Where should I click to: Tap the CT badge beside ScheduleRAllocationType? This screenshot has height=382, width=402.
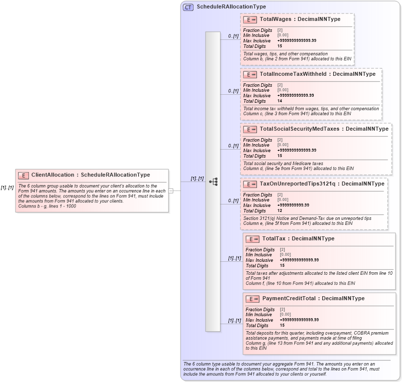[x=188, y=7]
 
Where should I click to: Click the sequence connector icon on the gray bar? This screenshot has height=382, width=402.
[x=213, y=182]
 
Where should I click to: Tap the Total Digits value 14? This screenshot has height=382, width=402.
[x=280, y=101]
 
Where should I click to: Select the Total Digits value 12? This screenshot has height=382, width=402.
[x=280, y=210]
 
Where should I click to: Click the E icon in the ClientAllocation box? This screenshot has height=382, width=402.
[x=23, y=176]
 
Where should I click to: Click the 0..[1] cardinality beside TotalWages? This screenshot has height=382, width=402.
[x=233, y=36]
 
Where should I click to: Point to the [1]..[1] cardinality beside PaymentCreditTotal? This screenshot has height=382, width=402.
[x=234, y=320]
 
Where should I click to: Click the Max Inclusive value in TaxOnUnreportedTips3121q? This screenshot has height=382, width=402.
[x=293, y=205]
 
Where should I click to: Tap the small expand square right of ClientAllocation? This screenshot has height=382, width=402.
[x=171, y=191]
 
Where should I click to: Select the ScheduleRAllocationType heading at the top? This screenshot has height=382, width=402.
[x=231, y=7]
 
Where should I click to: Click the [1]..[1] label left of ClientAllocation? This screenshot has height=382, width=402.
[x=6, y=188]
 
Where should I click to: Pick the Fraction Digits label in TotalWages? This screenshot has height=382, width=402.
[x=257, y=30]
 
